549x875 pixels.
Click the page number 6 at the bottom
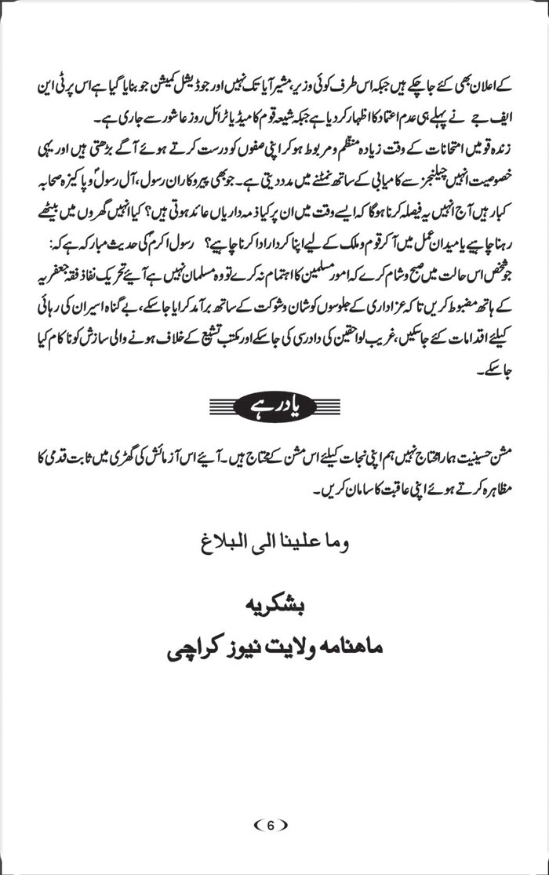(x=271, y=825)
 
